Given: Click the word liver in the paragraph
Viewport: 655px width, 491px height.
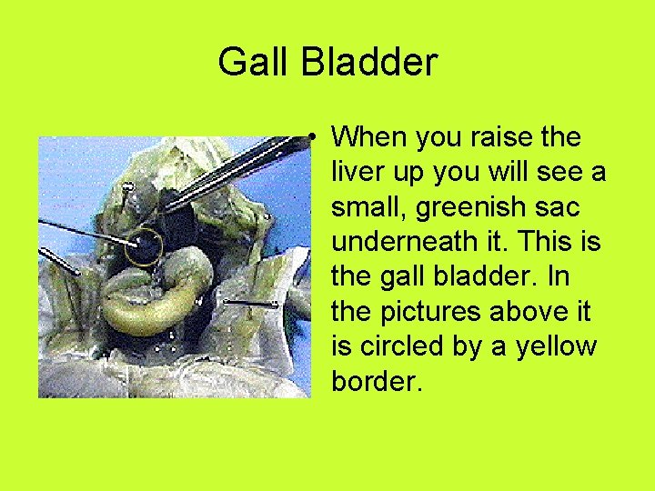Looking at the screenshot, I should pos(358,172).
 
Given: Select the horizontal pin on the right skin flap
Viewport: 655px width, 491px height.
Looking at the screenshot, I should pos(250,301).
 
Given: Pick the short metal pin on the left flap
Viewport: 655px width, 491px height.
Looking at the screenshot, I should pos(58,261).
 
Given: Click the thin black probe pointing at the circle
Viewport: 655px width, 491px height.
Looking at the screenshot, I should pos(86,230).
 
